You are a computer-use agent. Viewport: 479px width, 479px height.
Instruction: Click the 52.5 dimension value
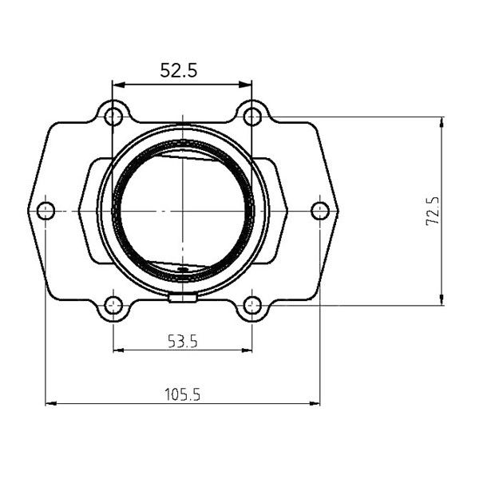coord(178,70)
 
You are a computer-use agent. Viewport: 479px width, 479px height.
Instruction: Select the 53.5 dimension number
coord(182,342)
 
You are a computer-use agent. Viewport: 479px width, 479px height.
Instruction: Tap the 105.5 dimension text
coord(182,394)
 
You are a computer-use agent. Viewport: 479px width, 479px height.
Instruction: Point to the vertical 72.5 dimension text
coord(433,211)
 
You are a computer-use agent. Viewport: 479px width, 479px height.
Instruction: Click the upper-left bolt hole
coord(113,117)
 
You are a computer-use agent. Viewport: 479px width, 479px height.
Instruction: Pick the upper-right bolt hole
coord(252,117)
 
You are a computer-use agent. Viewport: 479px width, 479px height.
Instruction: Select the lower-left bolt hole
coord(113,304)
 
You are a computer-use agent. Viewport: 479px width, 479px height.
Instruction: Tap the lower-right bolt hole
coord(252,304)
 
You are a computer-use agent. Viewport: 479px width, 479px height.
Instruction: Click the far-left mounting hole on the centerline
coord(46,211)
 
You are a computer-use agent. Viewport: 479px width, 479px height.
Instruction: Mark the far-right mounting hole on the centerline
coord(320,211)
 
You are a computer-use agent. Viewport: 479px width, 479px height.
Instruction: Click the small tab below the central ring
coord(184,299)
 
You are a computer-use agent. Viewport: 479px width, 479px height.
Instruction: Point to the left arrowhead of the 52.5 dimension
coord(117,85)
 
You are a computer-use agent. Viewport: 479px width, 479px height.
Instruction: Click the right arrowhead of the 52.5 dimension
coord(247,85)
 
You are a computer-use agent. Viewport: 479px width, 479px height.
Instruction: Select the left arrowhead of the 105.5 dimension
coord(49,403)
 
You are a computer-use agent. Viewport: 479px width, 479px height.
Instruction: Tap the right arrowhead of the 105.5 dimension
coord(315,403)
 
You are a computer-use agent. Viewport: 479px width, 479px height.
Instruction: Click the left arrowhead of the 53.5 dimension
coord(117,350)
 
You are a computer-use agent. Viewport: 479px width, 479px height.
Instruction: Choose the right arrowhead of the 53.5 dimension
coord(247,350)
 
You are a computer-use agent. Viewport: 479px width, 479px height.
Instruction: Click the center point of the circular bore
coord(184,211)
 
